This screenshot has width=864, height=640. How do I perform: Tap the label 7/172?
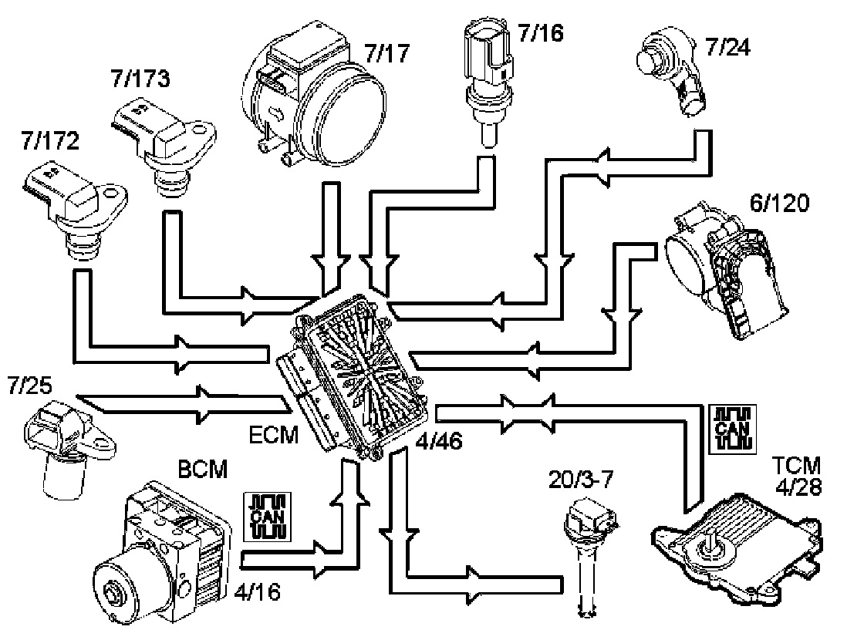coord(50,141)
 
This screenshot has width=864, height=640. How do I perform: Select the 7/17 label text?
coord(386,53)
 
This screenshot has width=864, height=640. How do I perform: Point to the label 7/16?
coord(541,33)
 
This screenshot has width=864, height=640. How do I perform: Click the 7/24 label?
coord(727,47)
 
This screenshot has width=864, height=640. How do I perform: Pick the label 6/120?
coord(779,204)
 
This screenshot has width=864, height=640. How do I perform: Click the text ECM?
coord(274,435)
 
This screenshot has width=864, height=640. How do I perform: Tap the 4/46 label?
coord(439,441)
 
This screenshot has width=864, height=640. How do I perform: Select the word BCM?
coord(203,470)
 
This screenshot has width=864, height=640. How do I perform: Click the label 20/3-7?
coord(580,480)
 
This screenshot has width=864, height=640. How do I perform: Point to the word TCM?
coord(796,466)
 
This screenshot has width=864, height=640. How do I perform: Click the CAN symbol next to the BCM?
coord(267,517)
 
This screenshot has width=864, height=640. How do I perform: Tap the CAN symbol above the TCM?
coord(732,429)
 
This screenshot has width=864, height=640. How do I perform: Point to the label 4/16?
coord(258,592)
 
